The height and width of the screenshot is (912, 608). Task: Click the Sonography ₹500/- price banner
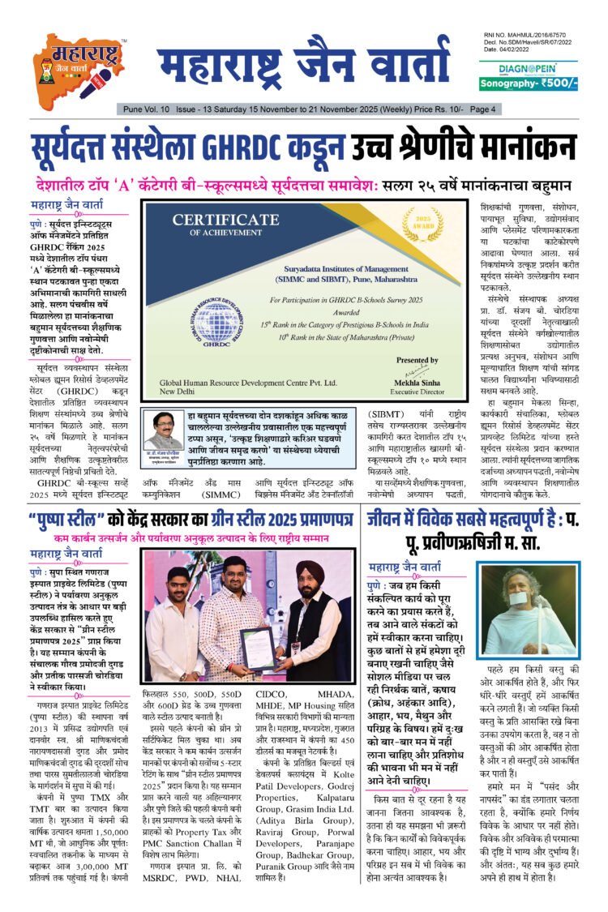tap(528, 83)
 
